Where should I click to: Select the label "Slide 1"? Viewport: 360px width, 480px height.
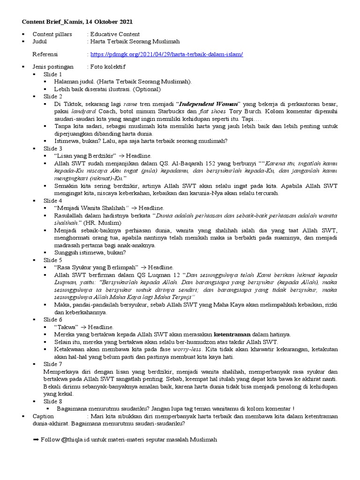click(53, 75)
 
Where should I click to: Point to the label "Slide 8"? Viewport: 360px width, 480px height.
click(53, 401)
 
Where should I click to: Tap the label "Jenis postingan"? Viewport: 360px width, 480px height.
click(53, 67)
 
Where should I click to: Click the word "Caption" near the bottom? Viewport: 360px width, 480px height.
click(44, 416)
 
